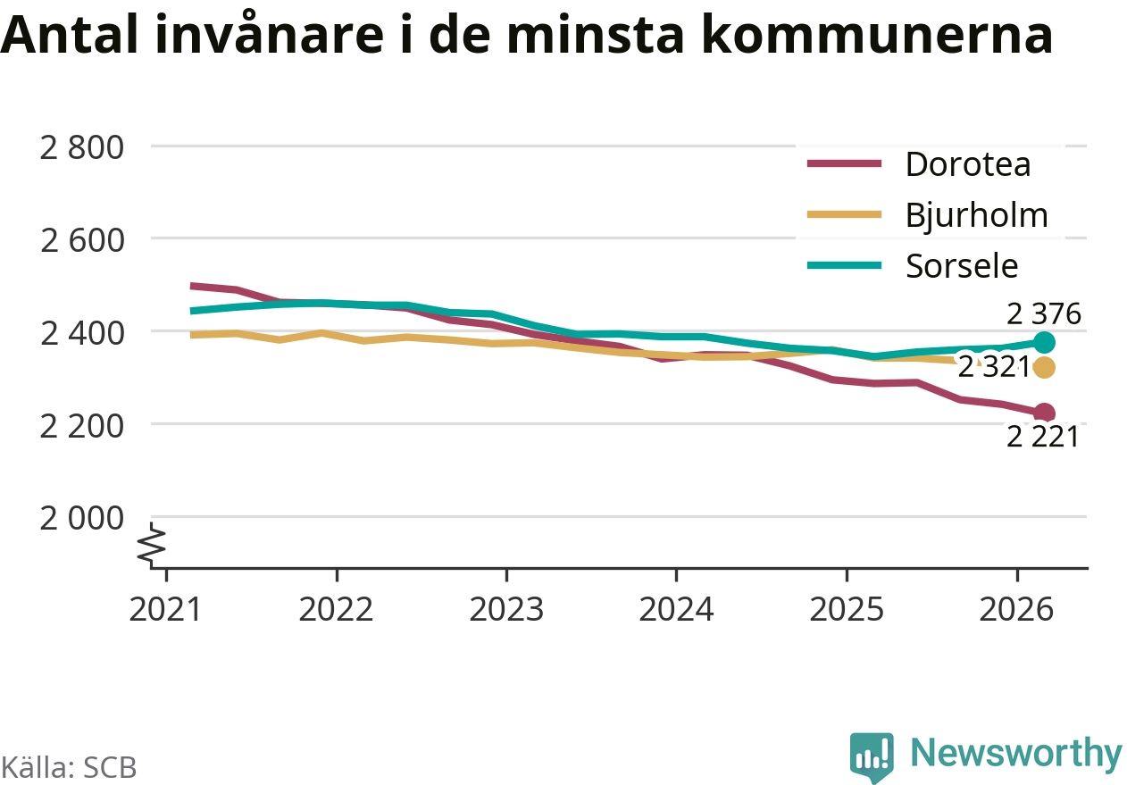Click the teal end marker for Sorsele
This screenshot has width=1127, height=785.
(x=1044, y=343)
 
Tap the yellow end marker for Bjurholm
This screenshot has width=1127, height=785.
(x=1044, y=367)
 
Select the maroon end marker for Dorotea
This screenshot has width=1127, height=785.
(x=1044, y=413)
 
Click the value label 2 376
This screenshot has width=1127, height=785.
(x=1044, y=313)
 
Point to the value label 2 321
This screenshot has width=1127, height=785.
(x=994, y=366)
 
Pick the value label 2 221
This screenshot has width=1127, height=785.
(x=1043, y=437)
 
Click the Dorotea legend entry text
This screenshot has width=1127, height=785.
(x=968, y=164)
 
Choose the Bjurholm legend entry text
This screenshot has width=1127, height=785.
(x=977, y=216)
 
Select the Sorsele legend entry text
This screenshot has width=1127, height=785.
(x=962, y=266)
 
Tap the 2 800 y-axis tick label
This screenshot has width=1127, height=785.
(x=81, y=148)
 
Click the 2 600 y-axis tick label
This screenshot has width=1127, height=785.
(x=81, y=240)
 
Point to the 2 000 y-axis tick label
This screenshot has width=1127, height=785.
(x=81, y=519)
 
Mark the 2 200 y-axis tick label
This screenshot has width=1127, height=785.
(x=81, y=426)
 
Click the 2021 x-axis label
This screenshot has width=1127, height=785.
(x=165, y=610)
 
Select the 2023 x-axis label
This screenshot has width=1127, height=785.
(x=506, y=610)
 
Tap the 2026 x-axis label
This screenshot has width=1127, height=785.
(x=1017, y=610)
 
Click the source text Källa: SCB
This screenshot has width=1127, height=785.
(x=69, y=767)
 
